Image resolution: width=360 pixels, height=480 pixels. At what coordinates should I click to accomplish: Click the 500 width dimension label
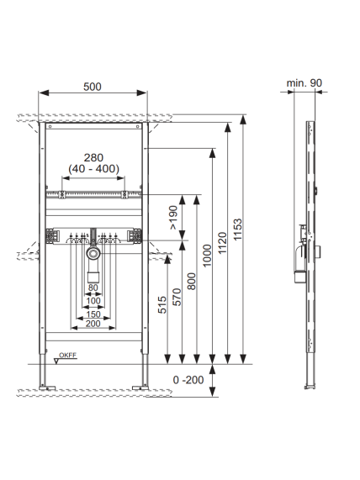pyautogui.click(x=93, y=87)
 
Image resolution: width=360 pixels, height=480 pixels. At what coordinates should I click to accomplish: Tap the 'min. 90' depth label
pyautogui.click(x=304, y=83)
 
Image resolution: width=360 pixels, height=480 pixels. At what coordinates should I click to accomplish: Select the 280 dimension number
pyautogui.click(x=93, y=158)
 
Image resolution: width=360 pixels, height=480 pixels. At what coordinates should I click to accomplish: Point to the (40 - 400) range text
pyautogui.click(x=93, y=169)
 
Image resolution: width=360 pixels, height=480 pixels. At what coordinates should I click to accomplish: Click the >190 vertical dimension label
pyautogui.click(x=173, y=218)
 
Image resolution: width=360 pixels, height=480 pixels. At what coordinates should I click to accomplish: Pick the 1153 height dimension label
pyautogui.click(x=237, y=229)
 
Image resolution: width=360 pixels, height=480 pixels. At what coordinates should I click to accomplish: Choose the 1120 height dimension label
pyautogui.click(x=222, y=243)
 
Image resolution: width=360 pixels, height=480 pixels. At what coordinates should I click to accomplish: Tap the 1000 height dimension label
pyautogui.click(x=208, y=256)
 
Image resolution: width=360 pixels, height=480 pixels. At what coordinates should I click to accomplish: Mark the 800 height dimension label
pyautogui.click(x=192, y=282)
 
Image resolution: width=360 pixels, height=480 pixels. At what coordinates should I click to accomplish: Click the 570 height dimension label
pyautogui.click(x=177, y=297)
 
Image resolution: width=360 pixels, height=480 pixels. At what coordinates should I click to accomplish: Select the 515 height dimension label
pyautogui.click(x=162, y=304)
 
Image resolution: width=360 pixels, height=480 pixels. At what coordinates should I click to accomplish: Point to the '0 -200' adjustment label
pyautogui.click(x=188, y=380)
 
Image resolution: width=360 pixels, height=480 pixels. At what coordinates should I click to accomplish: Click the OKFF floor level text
pyautogui.click(x=68, y=355)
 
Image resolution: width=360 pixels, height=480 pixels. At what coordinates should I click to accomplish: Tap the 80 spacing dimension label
pyautogui.click(x=93, y=287)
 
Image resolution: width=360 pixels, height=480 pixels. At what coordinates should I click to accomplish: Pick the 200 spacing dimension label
pyautogui.click(x=93, y=324)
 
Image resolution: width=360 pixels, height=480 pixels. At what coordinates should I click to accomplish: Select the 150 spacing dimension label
pyautogui.click(x=93, y=314)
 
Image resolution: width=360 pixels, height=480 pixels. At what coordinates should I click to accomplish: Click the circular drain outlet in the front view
pyautogui.click(x=93, y=253)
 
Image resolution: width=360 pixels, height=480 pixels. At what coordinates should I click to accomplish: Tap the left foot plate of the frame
pyautogui.click(x=47, y=388)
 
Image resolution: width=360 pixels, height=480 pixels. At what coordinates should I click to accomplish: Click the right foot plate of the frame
pyautogui.click(x=140, y=388)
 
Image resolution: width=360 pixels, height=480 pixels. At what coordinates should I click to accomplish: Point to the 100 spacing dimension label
pyautogui.click(x=93, y=301)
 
